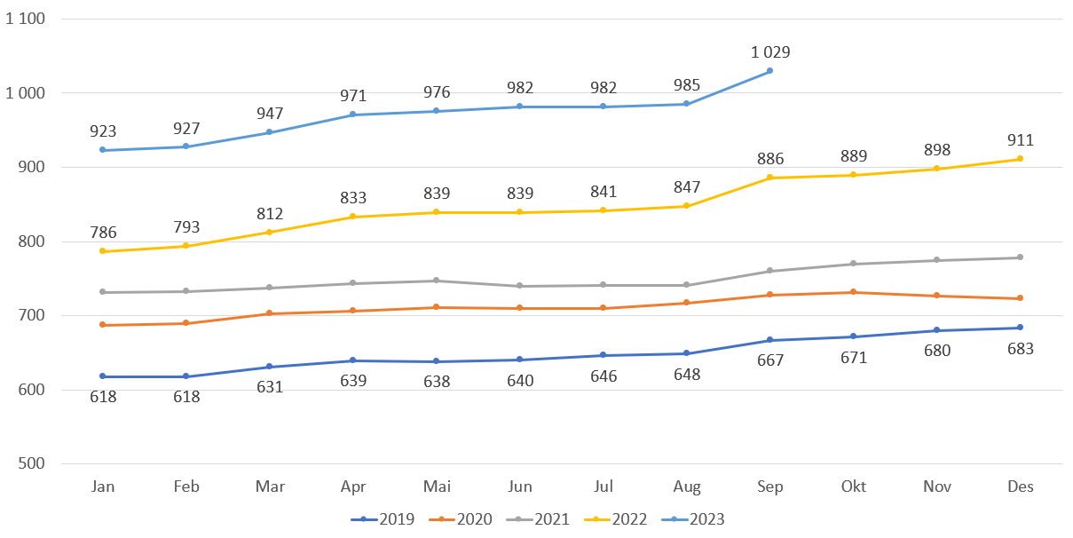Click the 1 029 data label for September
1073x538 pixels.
769,51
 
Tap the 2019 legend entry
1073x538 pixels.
386,519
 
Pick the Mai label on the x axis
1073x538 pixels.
437,487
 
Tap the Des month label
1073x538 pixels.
1021,487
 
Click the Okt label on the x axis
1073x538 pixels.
854,487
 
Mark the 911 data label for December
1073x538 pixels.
1021,140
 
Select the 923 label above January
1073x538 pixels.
103,131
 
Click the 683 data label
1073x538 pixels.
1021,349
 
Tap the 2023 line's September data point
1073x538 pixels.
769,71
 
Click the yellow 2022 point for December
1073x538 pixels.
1021,159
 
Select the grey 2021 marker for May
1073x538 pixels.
437,281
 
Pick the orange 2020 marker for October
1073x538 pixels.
854,292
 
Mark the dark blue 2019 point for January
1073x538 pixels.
103,376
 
